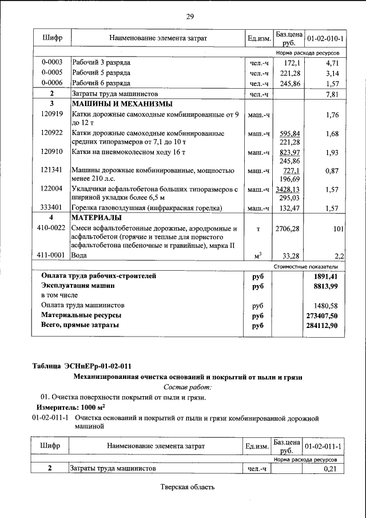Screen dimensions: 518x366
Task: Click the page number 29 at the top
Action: coord(190,17)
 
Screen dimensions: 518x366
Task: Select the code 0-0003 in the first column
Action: coord(51,61)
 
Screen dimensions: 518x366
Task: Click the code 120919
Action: coord(51,114)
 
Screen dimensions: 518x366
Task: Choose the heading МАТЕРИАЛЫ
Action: coord(96,218)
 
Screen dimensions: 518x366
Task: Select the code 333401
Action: coord(51,207)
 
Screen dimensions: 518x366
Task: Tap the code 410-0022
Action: coord(51,229)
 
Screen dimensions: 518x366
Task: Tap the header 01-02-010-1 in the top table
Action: coord(325,38)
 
